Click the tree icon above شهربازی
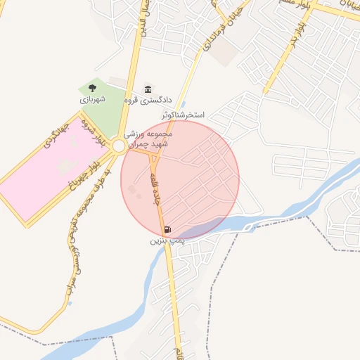(92, 89)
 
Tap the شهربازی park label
(92, 100)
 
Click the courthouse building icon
(148, 89)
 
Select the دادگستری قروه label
(148, 100)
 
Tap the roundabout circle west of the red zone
(119, 146)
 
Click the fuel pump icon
(167, 229)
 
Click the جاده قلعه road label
(155, 188)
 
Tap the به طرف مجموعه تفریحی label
(77, 211)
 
